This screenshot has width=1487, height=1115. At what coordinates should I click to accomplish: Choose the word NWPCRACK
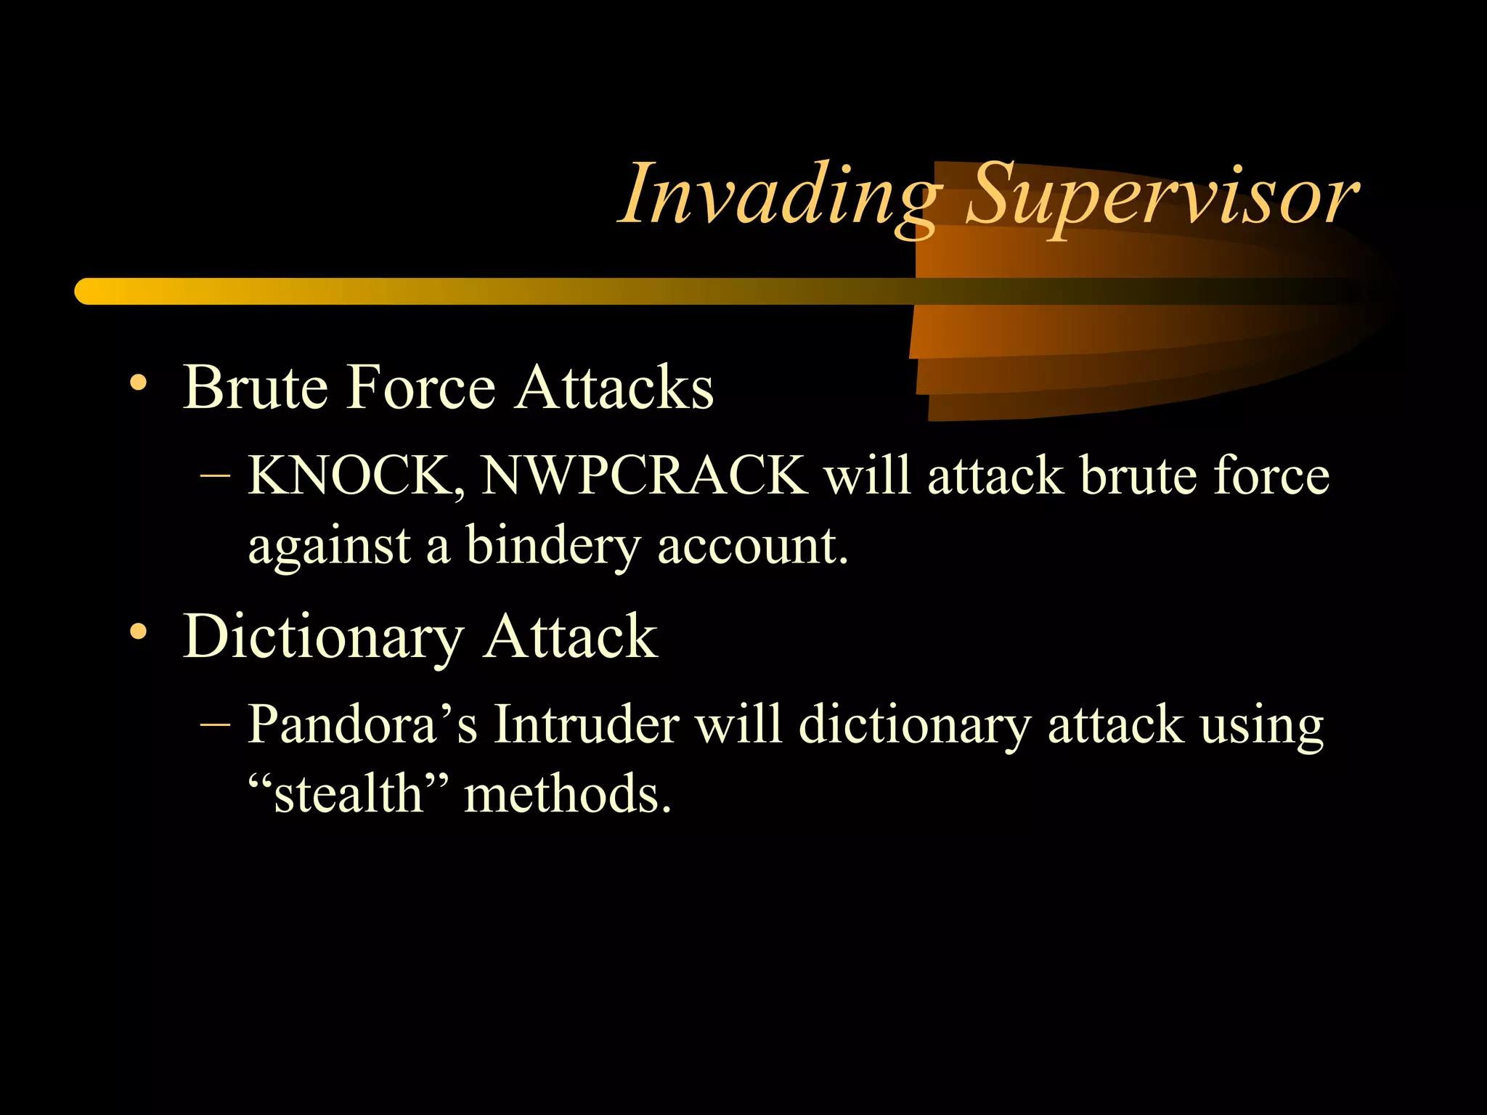644,476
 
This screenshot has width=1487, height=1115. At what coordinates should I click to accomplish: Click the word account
752,547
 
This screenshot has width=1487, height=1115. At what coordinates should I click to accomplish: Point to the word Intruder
586,724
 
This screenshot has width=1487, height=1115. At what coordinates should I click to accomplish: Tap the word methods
567,793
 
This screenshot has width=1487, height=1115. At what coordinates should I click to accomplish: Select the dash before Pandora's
215,724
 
